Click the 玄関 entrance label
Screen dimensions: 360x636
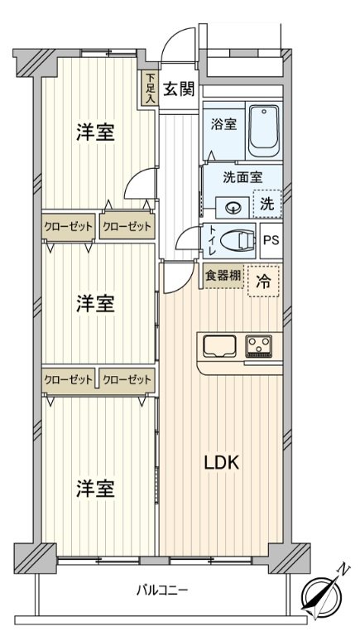179,89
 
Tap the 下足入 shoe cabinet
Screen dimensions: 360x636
150,89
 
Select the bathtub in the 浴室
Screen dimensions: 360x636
263,131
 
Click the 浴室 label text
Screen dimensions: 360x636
223,125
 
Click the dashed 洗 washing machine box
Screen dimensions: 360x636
266,204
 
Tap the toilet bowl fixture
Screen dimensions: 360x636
237,241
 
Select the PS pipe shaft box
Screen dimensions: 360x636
271,241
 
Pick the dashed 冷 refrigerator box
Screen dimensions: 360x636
263,282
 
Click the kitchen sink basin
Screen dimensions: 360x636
220,346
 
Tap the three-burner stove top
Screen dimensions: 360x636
259,346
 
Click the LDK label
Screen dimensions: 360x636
221,462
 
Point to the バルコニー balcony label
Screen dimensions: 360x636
161,590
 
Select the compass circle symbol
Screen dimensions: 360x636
320,596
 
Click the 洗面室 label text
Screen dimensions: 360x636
242,177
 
